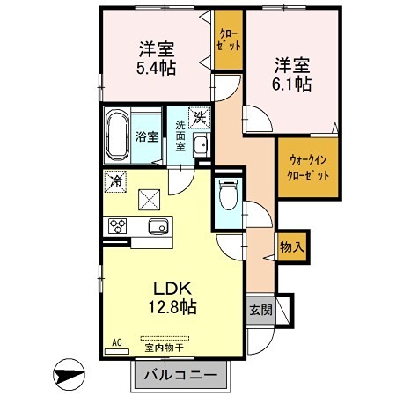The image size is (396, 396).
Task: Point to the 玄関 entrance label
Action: point(260,311)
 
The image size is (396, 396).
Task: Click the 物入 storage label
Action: point(291,247)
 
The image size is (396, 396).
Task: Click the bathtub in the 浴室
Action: point(118,136)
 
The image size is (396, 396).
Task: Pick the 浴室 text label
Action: point(147,137)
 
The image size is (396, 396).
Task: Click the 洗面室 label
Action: point(181,136)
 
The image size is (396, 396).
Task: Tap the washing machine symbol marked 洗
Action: point(200,117)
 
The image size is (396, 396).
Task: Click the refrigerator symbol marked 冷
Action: point(116,182)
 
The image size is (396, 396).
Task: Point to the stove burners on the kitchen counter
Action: point(118,226)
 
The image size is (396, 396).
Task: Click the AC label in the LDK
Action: point(115,341)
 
